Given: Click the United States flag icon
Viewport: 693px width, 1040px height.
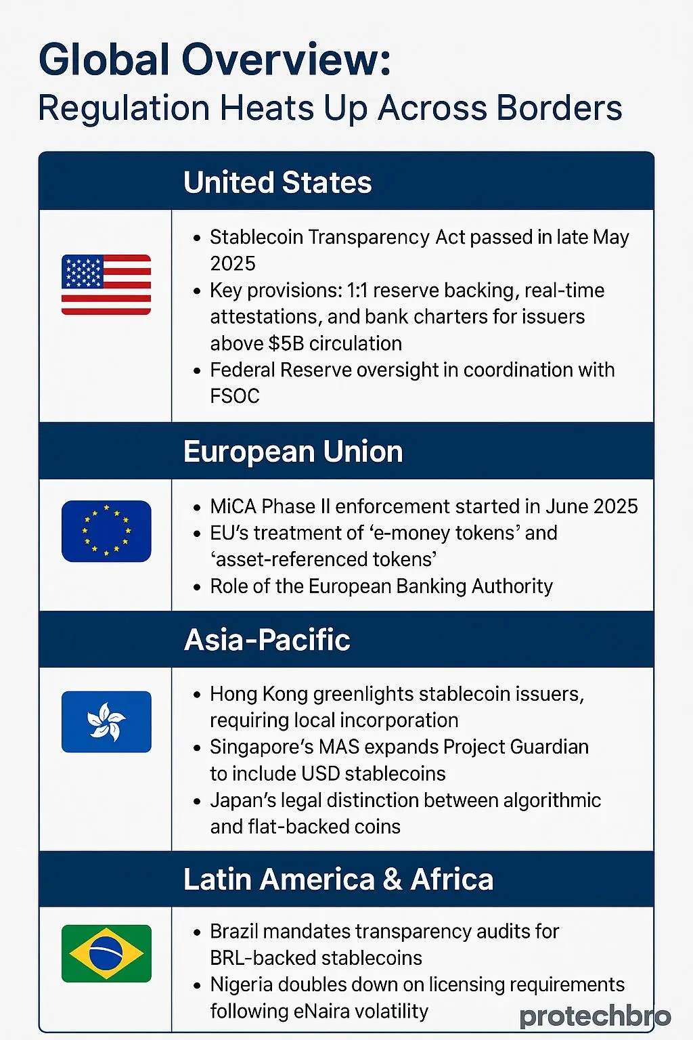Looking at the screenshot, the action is [106, 284].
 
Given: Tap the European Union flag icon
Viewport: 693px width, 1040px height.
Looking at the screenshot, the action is [106, 531].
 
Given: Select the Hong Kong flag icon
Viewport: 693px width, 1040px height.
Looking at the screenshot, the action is [106, 721].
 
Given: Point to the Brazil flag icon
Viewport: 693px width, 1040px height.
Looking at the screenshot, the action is [106, 953].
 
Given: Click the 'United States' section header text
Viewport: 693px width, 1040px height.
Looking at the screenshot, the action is [277, 182].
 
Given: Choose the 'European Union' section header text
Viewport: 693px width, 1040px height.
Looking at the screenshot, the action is [293, 452].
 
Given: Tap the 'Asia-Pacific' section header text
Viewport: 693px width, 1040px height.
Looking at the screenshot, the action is [267, 640].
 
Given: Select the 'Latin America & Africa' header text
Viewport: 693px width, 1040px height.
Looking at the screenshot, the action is [338, 880].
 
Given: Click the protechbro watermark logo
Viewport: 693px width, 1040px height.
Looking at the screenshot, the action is [595, 1016].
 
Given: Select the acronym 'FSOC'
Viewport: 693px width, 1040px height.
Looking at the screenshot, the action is [235, 396].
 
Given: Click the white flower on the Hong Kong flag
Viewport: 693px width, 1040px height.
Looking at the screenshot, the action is [106, 721].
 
